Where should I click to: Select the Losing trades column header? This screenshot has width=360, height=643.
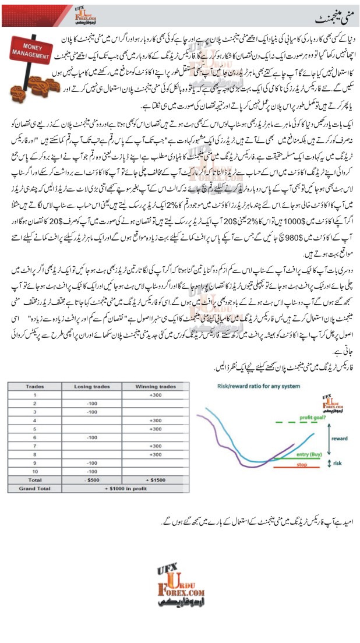coord(90,386)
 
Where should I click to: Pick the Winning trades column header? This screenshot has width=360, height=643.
coord(155,386)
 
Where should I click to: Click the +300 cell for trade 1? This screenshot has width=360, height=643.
coord(155,394)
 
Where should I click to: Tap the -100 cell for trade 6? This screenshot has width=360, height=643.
coord(90,436)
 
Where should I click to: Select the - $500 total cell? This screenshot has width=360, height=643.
coord(90,479)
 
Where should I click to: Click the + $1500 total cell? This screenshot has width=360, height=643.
coord(155,479)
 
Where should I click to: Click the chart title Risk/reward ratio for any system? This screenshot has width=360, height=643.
coord(250,386)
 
